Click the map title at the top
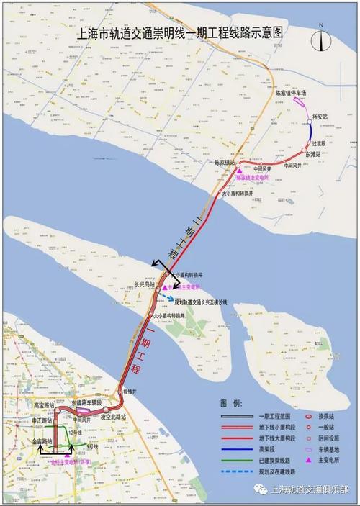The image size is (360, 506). (x=179, y=33)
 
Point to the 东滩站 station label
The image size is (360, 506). (x=315, y=154)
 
